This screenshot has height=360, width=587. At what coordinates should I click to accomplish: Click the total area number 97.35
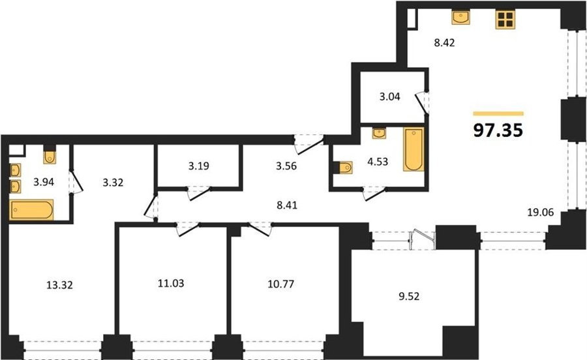[x=498, y=130]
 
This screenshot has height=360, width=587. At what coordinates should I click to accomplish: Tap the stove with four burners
[x=505, y=20]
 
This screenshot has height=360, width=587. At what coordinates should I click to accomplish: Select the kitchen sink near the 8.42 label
[x=461, y=18]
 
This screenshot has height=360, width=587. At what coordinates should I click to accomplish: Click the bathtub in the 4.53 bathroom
[x=414, y=149]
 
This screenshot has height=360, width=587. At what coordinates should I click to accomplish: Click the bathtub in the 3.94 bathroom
[x=31, y=209]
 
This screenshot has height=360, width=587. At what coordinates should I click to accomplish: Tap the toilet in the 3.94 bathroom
[x=50, y=157]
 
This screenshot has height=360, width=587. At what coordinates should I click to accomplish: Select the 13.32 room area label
[x=59, y=285]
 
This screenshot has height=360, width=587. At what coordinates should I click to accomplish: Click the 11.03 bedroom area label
[x=171, y=283]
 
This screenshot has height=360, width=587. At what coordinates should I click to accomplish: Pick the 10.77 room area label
[x=280, y=284]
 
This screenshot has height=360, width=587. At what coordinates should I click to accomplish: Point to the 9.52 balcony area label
[x=409, y=296]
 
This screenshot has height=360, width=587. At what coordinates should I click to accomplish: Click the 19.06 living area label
[x=540, y=213]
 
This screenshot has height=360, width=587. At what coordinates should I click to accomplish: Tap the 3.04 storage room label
[x=390, y=97]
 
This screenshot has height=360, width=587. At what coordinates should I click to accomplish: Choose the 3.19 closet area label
[x=198, y=166]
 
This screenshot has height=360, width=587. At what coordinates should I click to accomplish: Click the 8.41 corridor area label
[x=286, y=205]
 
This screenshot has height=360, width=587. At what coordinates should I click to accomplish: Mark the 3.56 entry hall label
[x=286, y=166]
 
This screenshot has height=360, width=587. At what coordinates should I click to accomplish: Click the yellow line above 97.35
[x=498, y=113]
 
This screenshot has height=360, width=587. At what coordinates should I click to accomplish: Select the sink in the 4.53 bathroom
[x=379, y=133]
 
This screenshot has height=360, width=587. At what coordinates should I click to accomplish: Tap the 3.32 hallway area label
[x=113, y=183]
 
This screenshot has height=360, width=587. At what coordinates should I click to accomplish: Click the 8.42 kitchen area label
[x=444, y=42]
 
